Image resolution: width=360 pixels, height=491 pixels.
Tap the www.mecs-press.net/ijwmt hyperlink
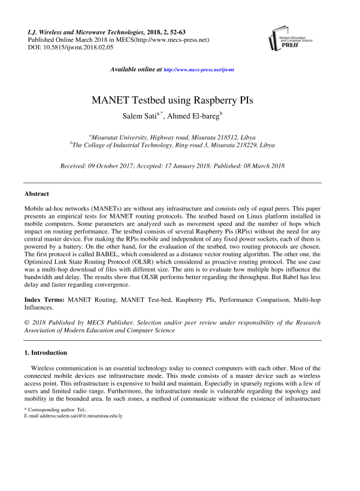pyautogui.click(x=199, y=70)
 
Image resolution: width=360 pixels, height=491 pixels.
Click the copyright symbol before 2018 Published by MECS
pyautogui.click(x=26, y=323)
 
